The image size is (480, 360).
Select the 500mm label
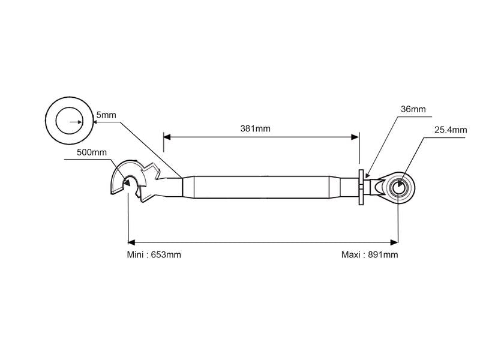pyautogui.click(x=91, y=152)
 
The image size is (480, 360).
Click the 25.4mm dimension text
pyautogui.click(x=451, y=129)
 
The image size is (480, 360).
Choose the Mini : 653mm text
pyautogui.click(x=154, y=254)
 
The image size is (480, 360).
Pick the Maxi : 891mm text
pyautogui.click(x=369, y=254)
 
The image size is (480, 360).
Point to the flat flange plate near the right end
pyautogui.click(x=361, y=188)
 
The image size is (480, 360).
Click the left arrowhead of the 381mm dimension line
pyautogui.click(x=167, y=137)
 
